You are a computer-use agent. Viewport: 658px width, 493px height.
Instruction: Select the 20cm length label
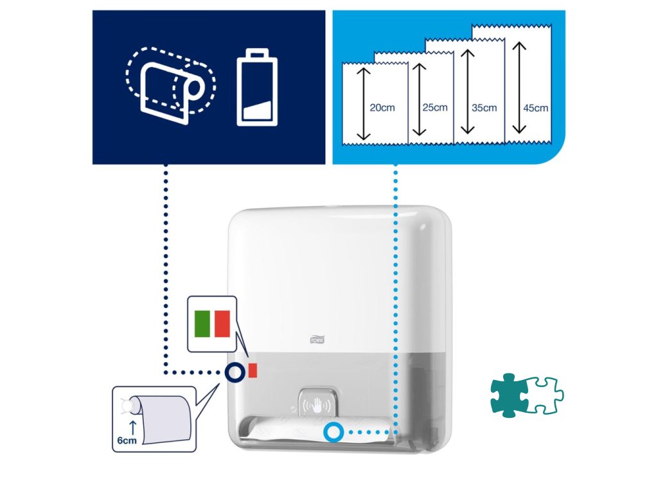(x=382, y=108)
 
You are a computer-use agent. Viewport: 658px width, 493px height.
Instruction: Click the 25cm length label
(x=435, y=107)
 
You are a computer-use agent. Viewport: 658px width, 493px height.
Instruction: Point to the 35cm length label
(x=485, y=108)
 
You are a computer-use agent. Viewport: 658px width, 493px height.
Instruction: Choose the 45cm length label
(x=536, y=108)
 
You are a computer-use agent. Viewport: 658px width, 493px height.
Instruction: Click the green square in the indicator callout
(x=202, y=323)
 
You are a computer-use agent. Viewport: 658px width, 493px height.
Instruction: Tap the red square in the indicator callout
(x=222, y=323)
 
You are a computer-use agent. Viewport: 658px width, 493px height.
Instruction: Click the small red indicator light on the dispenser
(x=253, y=370)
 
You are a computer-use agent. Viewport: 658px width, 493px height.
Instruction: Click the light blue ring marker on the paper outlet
(x=333, y=433)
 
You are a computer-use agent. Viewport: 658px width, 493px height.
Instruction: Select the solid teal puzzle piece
(x=510, y=395)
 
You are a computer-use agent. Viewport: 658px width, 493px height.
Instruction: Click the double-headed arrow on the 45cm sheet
(x=519, y=87)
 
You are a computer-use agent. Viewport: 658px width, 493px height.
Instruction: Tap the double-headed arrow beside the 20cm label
(x=364, y=103)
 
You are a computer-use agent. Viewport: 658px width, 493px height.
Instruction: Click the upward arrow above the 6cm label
(x=133, y=427)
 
